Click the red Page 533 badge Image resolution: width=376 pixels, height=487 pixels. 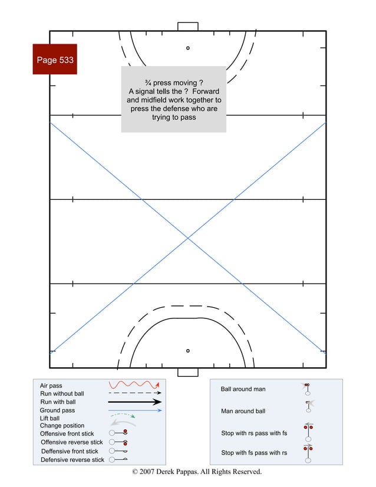(x=55, y=60)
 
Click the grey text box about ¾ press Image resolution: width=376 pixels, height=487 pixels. (x=174, y=99)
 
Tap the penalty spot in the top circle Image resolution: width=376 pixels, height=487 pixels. (x=188, y=48)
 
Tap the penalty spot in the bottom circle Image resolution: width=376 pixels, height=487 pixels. (x=188, y=351)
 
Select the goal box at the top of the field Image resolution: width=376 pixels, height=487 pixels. (x=188, y=27)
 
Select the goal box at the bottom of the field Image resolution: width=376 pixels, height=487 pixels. (x=188, y=372)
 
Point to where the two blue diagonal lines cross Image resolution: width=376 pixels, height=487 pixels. (x=188, y=238)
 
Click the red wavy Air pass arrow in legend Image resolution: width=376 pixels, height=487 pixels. (x=134, y=384)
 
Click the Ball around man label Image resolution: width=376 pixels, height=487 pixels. (x=243, y=389)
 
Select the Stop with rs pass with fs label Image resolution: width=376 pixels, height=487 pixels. (x=254, y=433)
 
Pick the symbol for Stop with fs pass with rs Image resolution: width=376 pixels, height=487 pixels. (x=308, y=453)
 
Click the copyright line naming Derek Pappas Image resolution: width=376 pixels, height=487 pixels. (x=196, y=472)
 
